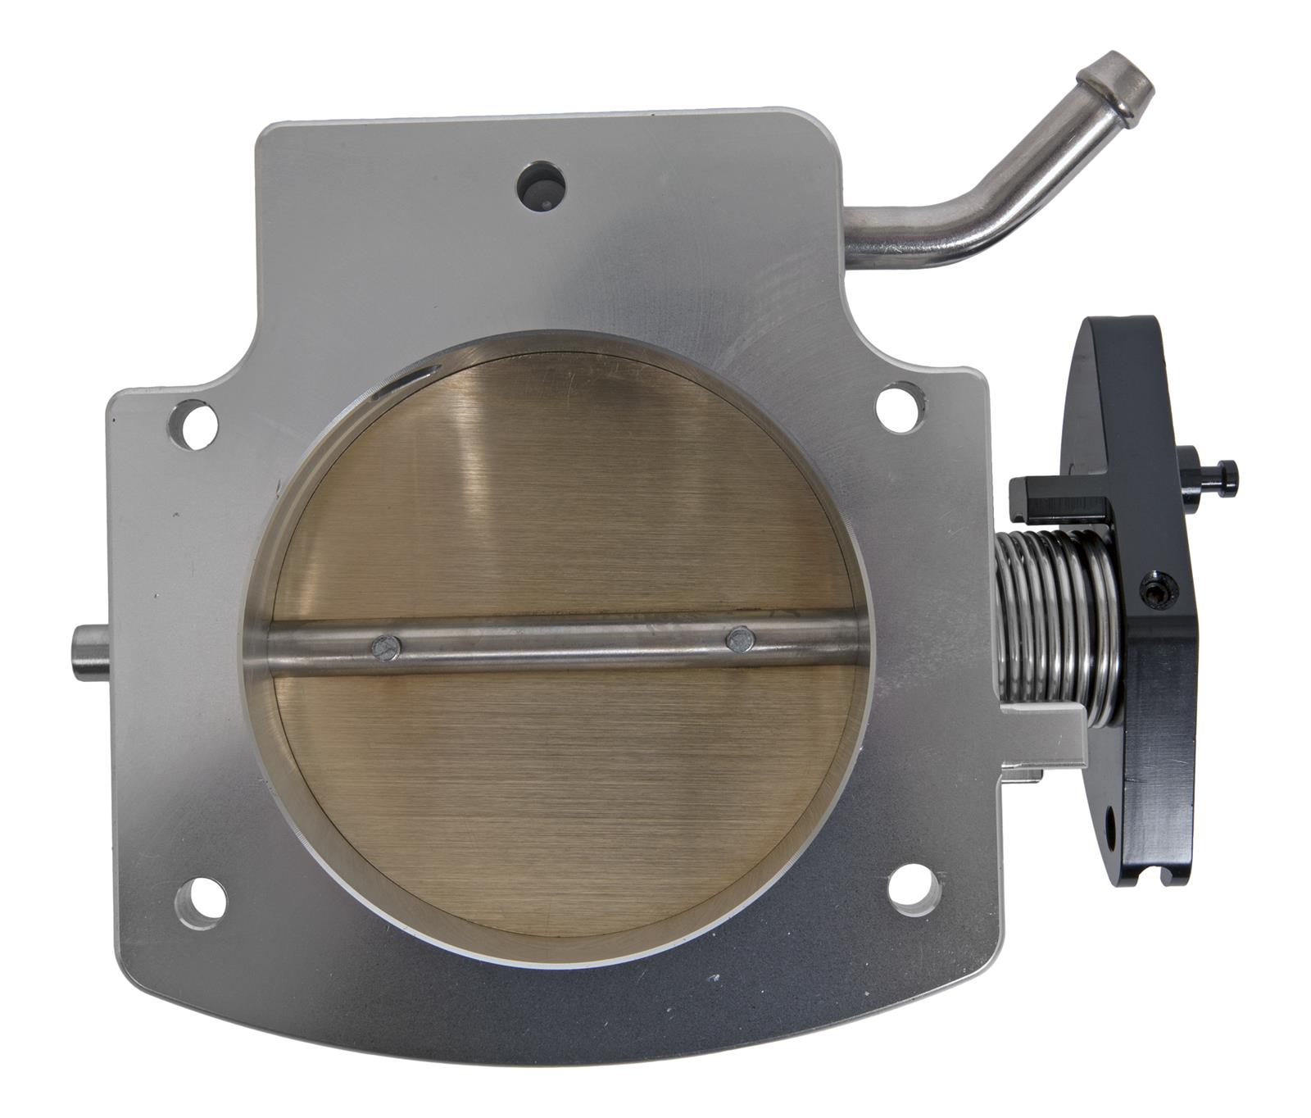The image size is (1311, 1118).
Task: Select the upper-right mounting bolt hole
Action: click(896, 409)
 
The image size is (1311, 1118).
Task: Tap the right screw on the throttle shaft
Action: click(739, 637)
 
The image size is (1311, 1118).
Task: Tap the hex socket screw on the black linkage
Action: click(1154, 589)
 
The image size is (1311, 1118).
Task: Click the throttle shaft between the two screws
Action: click(561, 641)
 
